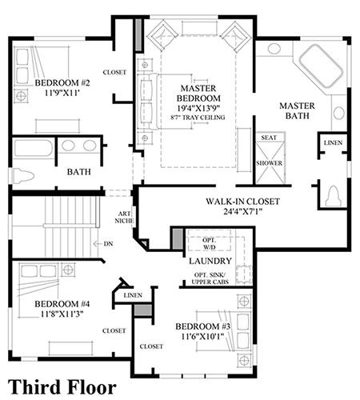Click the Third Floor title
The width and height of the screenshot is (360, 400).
(62, 387)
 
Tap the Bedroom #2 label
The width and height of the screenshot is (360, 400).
(62, 82)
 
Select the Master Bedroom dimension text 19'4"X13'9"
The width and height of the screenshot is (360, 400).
(198, 108)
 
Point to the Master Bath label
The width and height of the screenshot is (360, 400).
(297, 110)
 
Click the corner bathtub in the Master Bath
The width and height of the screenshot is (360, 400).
(321, 66)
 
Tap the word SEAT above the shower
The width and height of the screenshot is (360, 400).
(269, 138)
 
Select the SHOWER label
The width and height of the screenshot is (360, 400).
(270, 163)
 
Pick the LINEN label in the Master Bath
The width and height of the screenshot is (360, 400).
(333, 142)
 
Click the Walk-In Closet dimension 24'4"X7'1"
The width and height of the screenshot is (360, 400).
(242, 211)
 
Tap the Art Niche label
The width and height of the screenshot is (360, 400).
(124, 217)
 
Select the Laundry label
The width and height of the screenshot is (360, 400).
(210, 261)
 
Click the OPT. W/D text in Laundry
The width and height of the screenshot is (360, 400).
(210, 244)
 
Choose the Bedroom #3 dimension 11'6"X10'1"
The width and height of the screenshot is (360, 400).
(202, 336)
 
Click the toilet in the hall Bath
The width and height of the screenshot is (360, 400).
(23, 176)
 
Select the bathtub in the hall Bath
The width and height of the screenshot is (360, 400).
(34, 148)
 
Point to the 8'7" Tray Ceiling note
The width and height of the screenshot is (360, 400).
(198, 118)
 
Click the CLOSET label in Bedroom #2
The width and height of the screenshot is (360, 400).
(114, 72)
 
